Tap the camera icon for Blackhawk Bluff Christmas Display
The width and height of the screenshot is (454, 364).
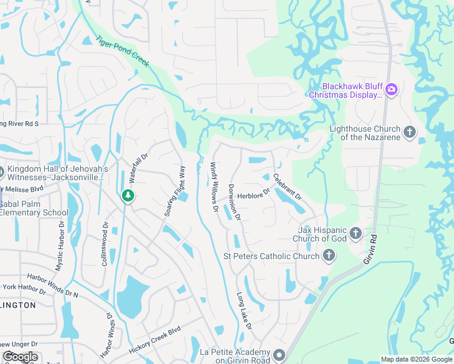point(391,90)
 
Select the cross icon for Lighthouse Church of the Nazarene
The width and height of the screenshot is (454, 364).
point(410,132)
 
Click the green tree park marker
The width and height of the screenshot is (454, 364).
point(127,195)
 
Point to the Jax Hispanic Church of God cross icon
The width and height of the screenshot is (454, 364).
point(355,233)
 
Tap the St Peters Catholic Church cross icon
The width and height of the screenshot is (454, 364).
point(328,256)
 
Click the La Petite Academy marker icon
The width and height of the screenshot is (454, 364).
point(279,354)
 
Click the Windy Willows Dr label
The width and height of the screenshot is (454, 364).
point(214,186)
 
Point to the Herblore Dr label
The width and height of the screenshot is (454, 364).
point(253,195)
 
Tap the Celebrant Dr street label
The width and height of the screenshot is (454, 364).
point(287,187)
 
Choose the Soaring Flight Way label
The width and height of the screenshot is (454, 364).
point(174,191)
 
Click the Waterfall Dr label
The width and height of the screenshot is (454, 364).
point(134,169)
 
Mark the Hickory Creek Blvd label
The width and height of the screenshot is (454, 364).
point(155,342)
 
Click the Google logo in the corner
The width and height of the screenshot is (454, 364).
point(20,357)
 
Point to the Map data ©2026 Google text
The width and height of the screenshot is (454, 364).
point(416,359)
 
